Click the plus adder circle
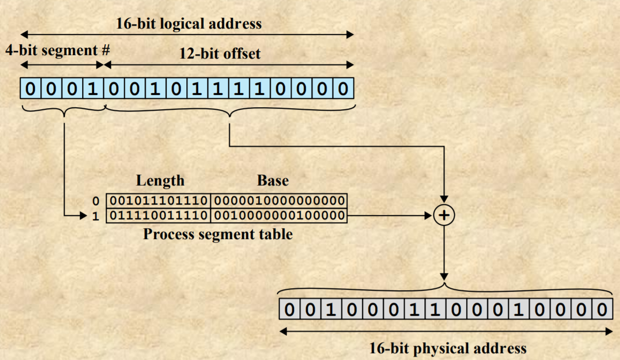tap(444, 215)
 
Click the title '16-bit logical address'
tap(189, 24)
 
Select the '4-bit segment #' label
tap(58, 50)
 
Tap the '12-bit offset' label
tap(219, 54)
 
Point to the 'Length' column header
tap(160, 180)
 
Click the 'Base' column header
tap(272, 180)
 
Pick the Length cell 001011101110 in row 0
tap(158, 201)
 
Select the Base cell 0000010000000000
tap(279, 201)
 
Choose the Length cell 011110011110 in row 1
tap(158, 215)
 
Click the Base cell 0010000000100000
tap(279, 215)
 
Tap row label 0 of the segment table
tap(96, 201)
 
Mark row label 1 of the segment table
tap(96, 216)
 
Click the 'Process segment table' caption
tap(218, 234)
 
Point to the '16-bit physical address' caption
tap(448, 349)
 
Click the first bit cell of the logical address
tap(30, 89)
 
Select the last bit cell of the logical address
tap(343, 89)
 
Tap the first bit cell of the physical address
tap(290, 310)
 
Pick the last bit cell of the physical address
tap(602, 310)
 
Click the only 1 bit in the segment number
tap(93, 89)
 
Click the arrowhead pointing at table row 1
tap(83, 215)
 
